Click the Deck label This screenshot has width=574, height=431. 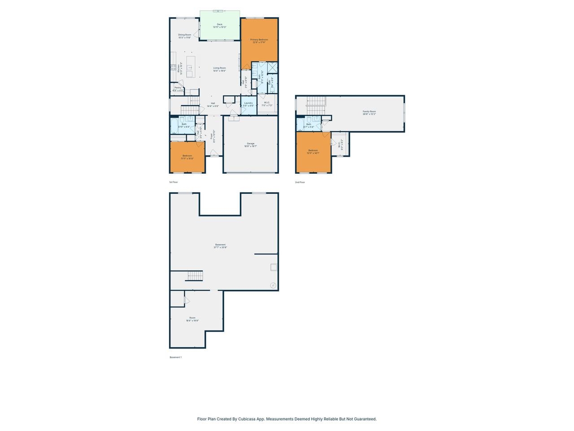(x=219, y=26)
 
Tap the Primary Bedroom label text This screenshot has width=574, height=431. (x=259, y=41)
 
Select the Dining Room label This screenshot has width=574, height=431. (x=184, y=36)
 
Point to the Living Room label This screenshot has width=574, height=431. (x=219, y=69)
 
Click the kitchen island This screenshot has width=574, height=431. (x=191, y=67)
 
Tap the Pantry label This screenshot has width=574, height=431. (x=178, y=89)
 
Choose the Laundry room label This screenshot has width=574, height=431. (x=248, y=104)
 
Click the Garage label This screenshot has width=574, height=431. (x=250, y=145)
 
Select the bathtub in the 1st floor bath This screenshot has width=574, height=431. (x=174, y=125)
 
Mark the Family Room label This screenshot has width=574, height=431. (x=369, y=113)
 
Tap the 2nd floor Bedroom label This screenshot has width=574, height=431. (x=313, y=151)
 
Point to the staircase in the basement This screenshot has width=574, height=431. (x=195, y=276)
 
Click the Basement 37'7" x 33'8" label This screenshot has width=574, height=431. (x=220, y=246)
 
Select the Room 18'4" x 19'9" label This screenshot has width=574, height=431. (x=192, y=319)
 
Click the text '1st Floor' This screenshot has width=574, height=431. (x=173, y=182)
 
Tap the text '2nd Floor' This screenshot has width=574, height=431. (x=300, y=182)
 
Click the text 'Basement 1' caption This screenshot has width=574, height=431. (x=175, y=357)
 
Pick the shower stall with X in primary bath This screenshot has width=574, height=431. (x=272, y=68)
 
